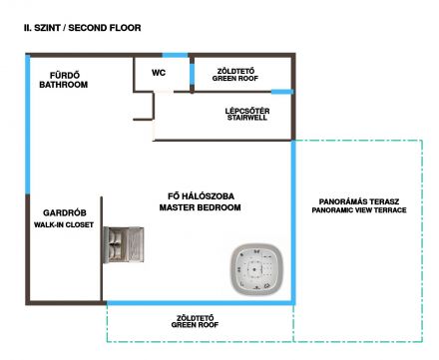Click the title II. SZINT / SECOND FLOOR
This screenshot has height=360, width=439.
[x=82, y=28]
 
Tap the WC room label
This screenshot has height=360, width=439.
[x=159, y=73]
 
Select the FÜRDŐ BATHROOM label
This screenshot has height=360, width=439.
[x=64, y=80]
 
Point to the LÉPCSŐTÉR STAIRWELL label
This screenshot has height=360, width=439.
[x=247, y=114]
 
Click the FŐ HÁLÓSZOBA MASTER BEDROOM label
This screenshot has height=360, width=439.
[x=200, y=201]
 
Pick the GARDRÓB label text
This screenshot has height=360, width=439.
[x=65, y=212]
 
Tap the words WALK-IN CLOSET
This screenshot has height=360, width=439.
[x=64, y=225]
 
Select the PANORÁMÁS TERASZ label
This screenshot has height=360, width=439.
[x=359, y=201]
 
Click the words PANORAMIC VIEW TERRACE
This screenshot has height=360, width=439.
[x=359, y=210]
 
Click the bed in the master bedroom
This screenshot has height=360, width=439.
[x=124, y=244]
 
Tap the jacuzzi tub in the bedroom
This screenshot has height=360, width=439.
[x=257, y=269]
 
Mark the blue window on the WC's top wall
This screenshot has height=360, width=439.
[x=175, y=55]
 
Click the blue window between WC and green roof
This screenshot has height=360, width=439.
[x=192, y=74]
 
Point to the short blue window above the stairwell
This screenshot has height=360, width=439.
[x=282, y=92]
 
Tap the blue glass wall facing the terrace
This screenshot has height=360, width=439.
[x=293, y=222]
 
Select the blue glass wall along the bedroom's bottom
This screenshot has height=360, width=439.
[x=200, y=303]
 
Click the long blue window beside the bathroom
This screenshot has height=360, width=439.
[x=28, y=125]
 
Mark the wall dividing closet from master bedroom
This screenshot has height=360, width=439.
[x=102, y=249]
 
